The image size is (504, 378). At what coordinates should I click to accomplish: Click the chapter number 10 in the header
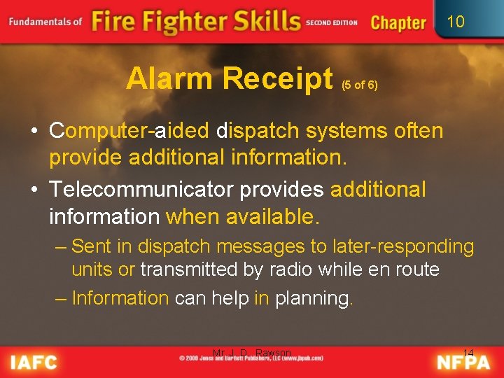(455, 22)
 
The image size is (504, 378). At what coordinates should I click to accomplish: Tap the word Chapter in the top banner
(398, 22)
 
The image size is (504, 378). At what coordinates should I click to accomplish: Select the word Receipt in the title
(278, 79)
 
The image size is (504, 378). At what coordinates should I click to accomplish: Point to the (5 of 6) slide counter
(360, 85)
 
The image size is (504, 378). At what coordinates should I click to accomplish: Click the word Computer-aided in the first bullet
(129, 131)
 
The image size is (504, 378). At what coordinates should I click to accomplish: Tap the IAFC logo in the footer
(34, 362)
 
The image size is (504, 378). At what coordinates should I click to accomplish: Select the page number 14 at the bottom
(468, 352)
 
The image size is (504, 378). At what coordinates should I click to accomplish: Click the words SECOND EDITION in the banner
(332, 22)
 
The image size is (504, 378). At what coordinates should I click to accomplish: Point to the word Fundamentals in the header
(41, 22)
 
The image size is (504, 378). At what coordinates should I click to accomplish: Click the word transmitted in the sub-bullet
(188, 269)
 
